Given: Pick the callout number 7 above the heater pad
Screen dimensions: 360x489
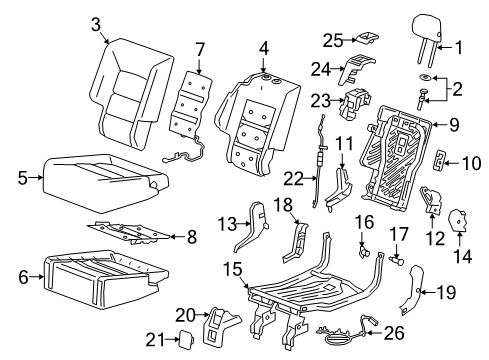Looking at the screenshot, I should point(199,48).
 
